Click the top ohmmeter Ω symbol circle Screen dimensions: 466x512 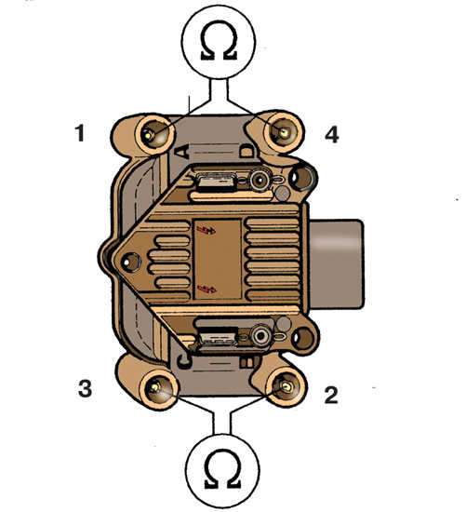(x=219, y=41)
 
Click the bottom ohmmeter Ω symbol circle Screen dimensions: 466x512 (x=222, y=470)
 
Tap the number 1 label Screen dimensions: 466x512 (x=80, y=133)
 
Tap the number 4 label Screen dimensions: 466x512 (x=332, y=134)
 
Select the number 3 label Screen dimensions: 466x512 (x=85, y=388)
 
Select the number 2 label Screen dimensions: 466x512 (x=331, y=395)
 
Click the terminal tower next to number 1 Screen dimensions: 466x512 (x=154, y=133)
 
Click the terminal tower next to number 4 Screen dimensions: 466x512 (x=284, y=131)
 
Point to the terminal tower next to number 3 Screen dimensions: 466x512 (x=159, y=388)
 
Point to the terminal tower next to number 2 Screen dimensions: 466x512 (x=286, y=386)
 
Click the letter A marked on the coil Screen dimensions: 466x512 (x=182, y=152)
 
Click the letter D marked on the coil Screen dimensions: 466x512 (x=247, y=151)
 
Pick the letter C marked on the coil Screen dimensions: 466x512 (x=184, y=359)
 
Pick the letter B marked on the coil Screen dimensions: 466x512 (x=249, y=361)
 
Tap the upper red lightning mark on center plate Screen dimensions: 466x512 (x=206, y=230)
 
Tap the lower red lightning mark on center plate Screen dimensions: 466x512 (x=206, y=288)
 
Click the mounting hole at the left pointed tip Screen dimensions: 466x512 (x=131, y=262)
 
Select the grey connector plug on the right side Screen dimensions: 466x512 (x=336, y=263)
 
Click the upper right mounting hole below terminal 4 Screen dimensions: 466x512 (x=302, y=178)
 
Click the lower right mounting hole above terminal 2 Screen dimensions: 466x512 (x=303, y=338)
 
